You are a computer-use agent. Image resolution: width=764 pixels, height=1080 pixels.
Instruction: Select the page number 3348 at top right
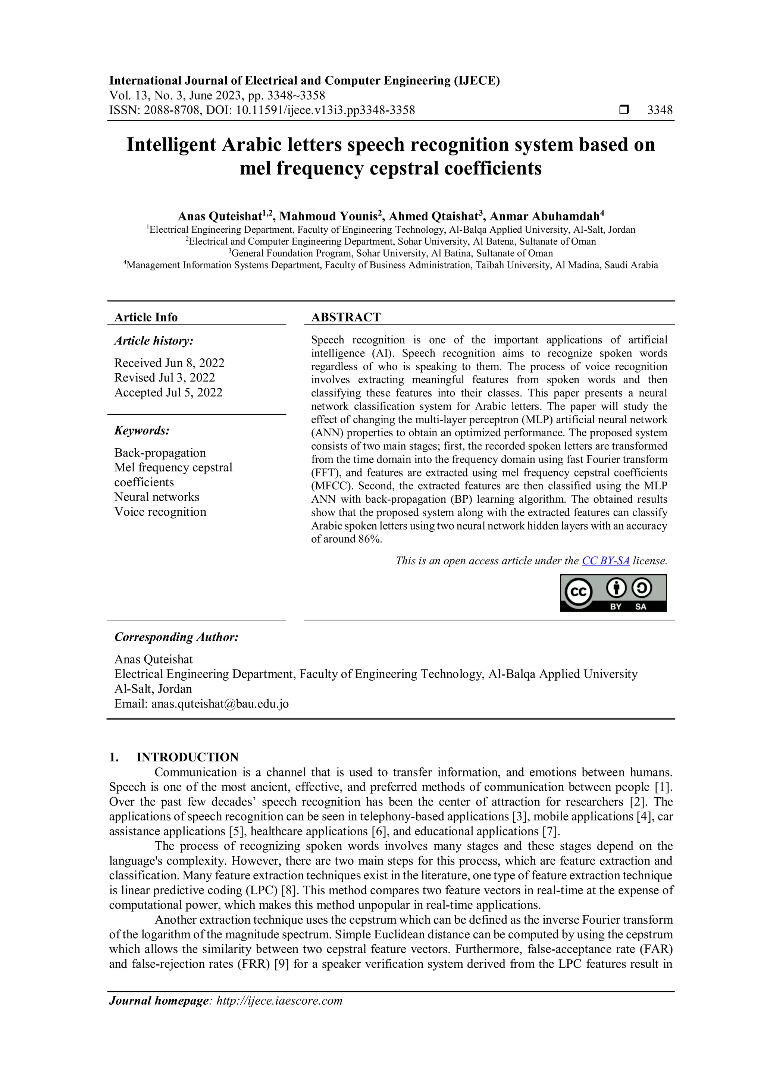[x=660, y=110]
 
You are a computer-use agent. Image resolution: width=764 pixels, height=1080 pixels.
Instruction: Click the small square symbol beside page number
[x=624, y=110]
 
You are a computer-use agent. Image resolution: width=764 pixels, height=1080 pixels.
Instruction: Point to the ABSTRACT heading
[x=346, y=317]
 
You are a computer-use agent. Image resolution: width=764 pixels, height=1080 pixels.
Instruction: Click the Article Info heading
[x=146, y=317]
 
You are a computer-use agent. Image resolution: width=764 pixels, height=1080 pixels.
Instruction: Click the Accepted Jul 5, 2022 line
[x=168, y=392]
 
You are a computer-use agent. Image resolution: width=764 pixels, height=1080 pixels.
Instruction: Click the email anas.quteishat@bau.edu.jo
[x=220, y=704]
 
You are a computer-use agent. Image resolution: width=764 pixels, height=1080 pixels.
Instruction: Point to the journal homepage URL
[x=279, y=1001]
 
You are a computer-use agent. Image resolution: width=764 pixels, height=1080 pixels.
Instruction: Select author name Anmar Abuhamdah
[x=544, y=216]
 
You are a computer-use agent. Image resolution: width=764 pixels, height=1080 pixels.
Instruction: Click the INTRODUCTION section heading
[x=187, y=757]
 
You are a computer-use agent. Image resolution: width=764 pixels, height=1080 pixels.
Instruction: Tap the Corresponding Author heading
[x=176, y=637]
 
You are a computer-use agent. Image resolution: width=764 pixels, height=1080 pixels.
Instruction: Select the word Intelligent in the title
[x=171, y=145]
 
